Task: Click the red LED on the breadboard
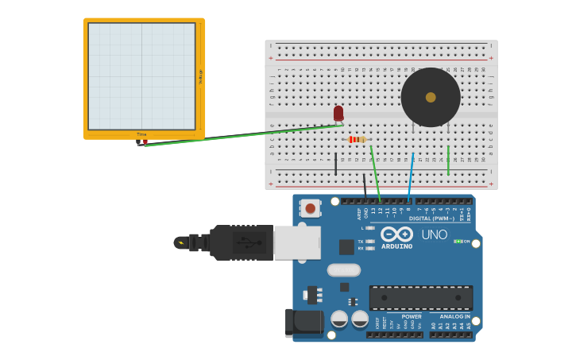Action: [x=338, y=113]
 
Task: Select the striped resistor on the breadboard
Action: [x=358, y=139]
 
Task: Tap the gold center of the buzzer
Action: [x=431, y=97]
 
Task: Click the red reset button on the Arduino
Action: [x=310, y=208]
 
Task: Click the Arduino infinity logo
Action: [x=396, y=234]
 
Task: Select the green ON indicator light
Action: [x=458, y=241]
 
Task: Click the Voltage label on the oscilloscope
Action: [x=200, y=76]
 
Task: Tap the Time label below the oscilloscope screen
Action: [x=141, y=134]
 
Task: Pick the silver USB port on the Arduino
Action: [x=297, y=242]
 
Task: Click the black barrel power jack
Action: [x=304, y=322]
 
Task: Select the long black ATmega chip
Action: [x=421, y=297]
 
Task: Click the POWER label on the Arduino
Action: [x=412, y=316]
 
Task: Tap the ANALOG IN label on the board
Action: [x=454, y=316]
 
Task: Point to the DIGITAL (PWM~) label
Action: [x=431, y=218]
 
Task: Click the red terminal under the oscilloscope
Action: [x=145, y=142]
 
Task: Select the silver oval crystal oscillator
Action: [x=343, y=270]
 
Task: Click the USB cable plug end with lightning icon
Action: [x=182, y=242]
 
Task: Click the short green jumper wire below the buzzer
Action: [x=448, y=160]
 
